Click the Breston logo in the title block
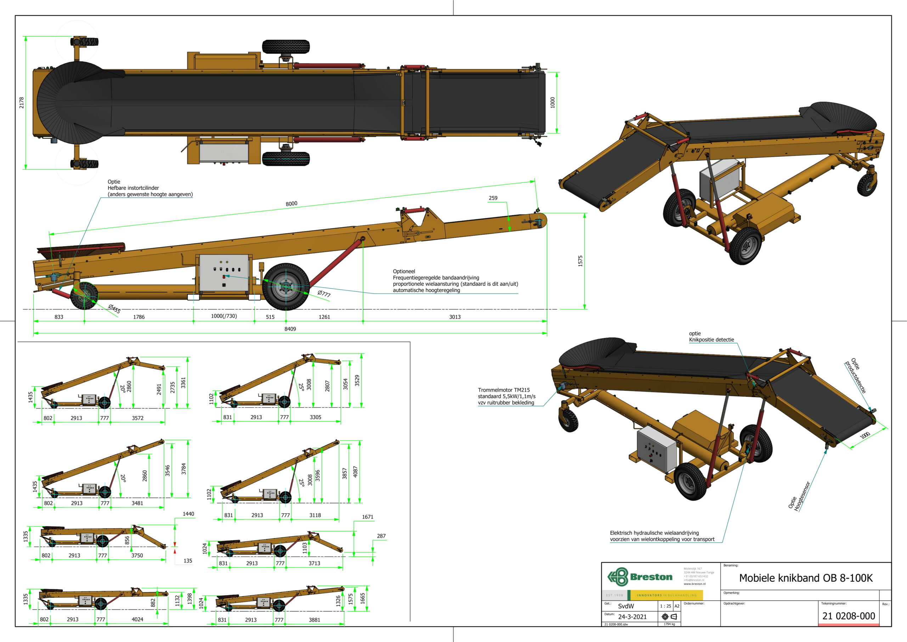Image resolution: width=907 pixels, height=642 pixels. tap(640, 577)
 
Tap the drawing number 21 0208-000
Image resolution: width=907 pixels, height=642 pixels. tap(849, 616)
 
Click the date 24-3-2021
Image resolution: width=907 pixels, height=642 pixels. tap(632, 617)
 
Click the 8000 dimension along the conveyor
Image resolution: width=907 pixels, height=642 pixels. tap(292, 203)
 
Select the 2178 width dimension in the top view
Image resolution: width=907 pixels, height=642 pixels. tap(22, 102)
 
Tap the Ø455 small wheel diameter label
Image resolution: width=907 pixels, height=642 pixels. tap(114, 308)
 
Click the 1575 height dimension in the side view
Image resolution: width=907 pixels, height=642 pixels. tap(580, 261)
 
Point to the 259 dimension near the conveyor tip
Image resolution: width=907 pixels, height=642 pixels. tap(493, 198)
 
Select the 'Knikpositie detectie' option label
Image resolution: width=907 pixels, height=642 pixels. tap(711, 340)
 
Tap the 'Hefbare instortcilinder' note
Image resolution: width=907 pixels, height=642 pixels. tap(134, 188)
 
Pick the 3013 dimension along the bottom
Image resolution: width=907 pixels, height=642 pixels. tap(455, 317)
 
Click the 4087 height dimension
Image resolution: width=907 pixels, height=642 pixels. tap(355, 471)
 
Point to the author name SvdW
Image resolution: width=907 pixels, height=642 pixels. tap(626, 606)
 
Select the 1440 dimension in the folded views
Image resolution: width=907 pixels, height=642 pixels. tap(188, 514)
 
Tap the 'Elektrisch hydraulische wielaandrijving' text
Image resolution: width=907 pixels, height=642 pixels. tap(654, 533)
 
